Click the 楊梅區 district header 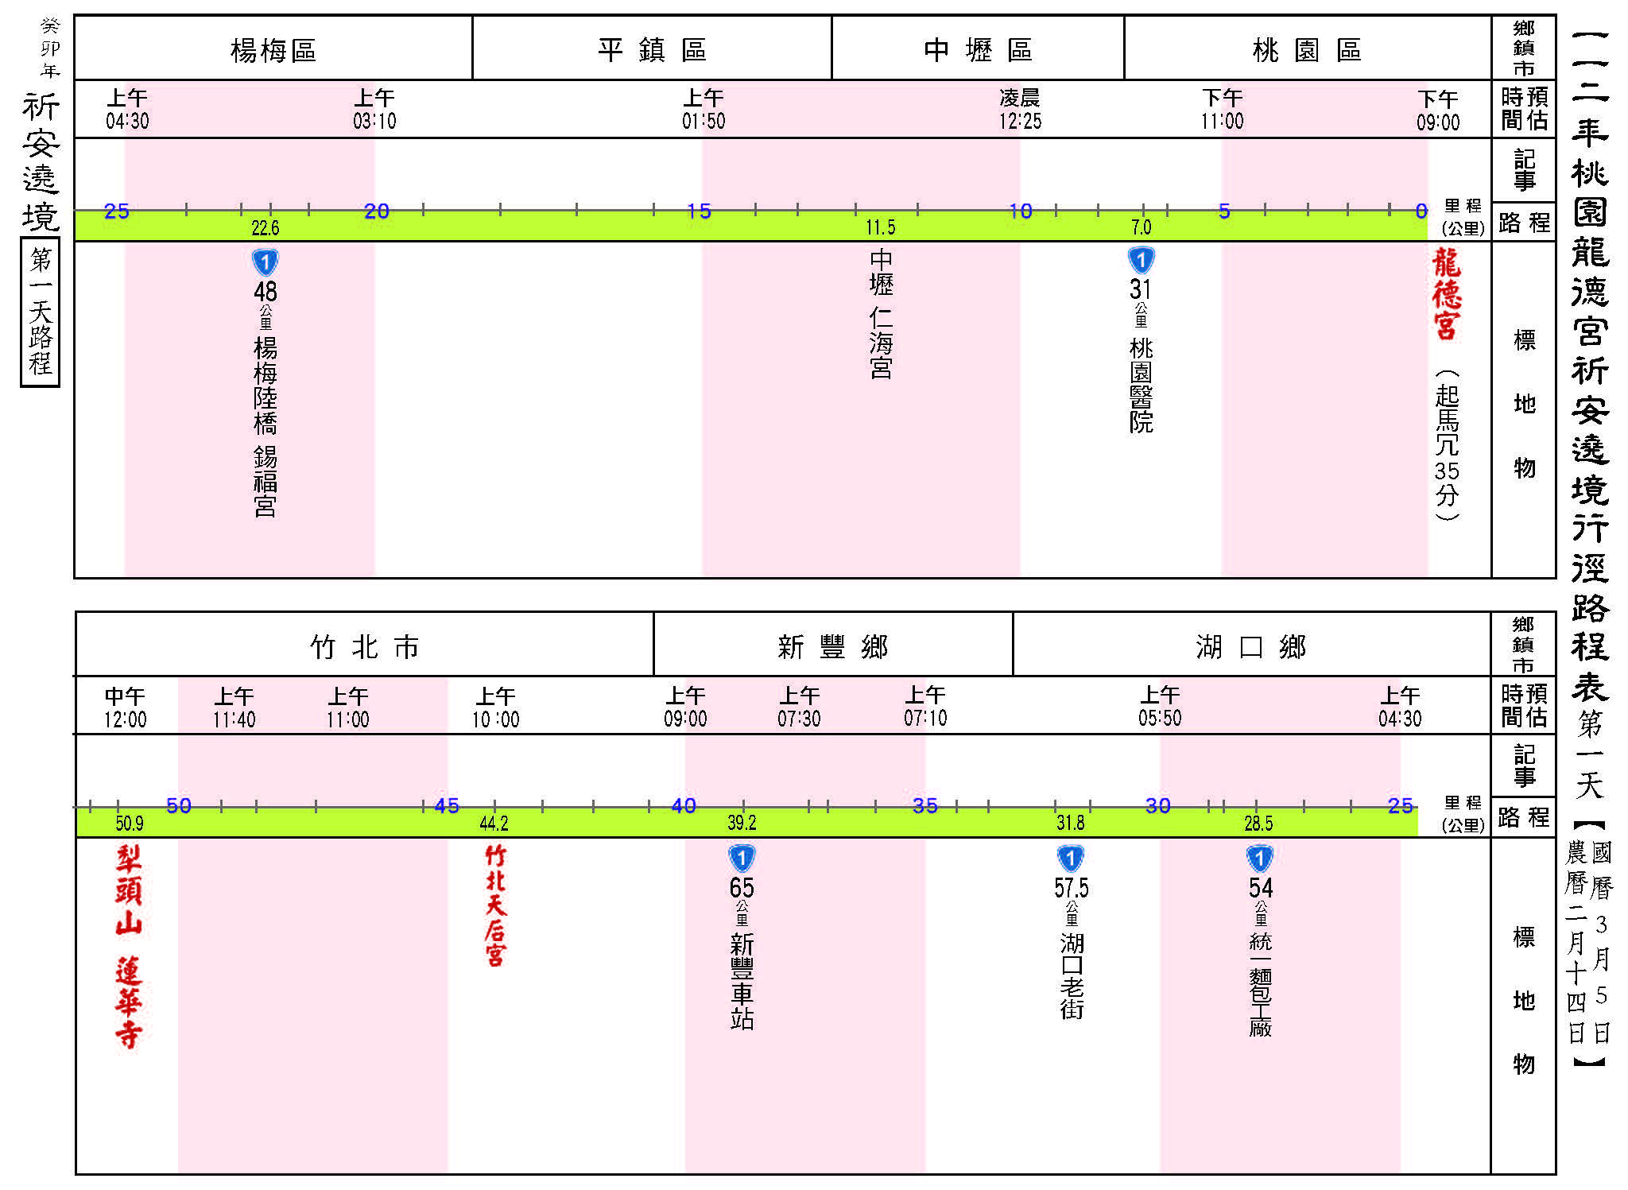pos(273,50)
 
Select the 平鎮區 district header pos(652,49)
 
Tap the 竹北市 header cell pos(364,646)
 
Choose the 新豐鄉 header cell pos(832,646)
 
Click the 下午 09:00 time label pos(1438,110)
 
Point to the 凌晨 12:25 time pos(1020,110)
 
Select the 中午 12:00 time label pos(125,707)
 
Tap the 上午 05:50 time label pos(1160,707)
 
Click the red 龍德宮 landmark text pos(1447,293)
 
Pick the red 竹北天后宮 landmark pos(494,905)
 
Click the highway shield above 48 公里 pos(265,262)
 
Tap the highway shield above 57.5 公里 pos(1071,859)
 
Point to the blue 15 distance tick pos(699,211)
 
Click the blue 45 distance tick pos(447,806)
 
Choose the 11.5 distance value pos(881,228)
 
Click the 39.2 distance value pos(742,823)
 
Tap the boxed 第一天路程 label pos(40,312)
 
